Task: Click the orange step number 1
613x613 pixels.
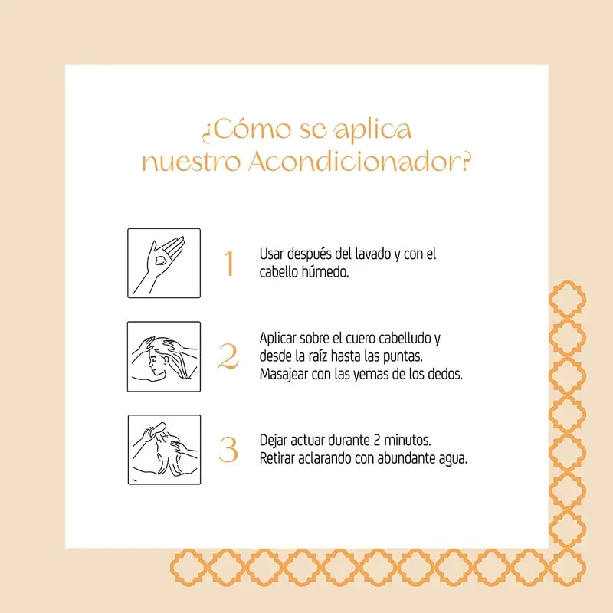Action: [x=228, y=263]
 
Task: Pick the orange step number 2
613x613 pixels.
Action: [x=228, y=357]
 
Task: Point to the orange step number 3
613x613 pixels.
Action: [x=228, y=450]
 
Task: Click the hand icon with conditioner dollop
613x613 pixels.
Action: [x=163, y=263]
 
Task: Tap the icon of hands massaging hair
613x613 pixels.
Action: [x=163, y=357]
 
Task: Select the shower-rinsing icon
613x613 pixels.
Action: [x=163, y=450]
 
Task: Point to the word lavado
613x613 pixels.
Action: [x=371, y=254]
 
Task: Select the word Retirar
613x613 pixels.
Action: [x=279, y=459]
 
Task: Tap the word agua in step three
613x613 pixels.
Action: [x=452, y=460]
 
